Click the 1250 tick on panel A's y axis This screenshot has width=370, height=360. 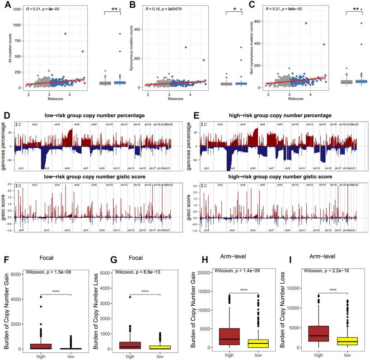tap(19, 9)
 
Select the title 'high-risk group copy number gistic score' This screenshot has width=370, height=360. tap(276, 177)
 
